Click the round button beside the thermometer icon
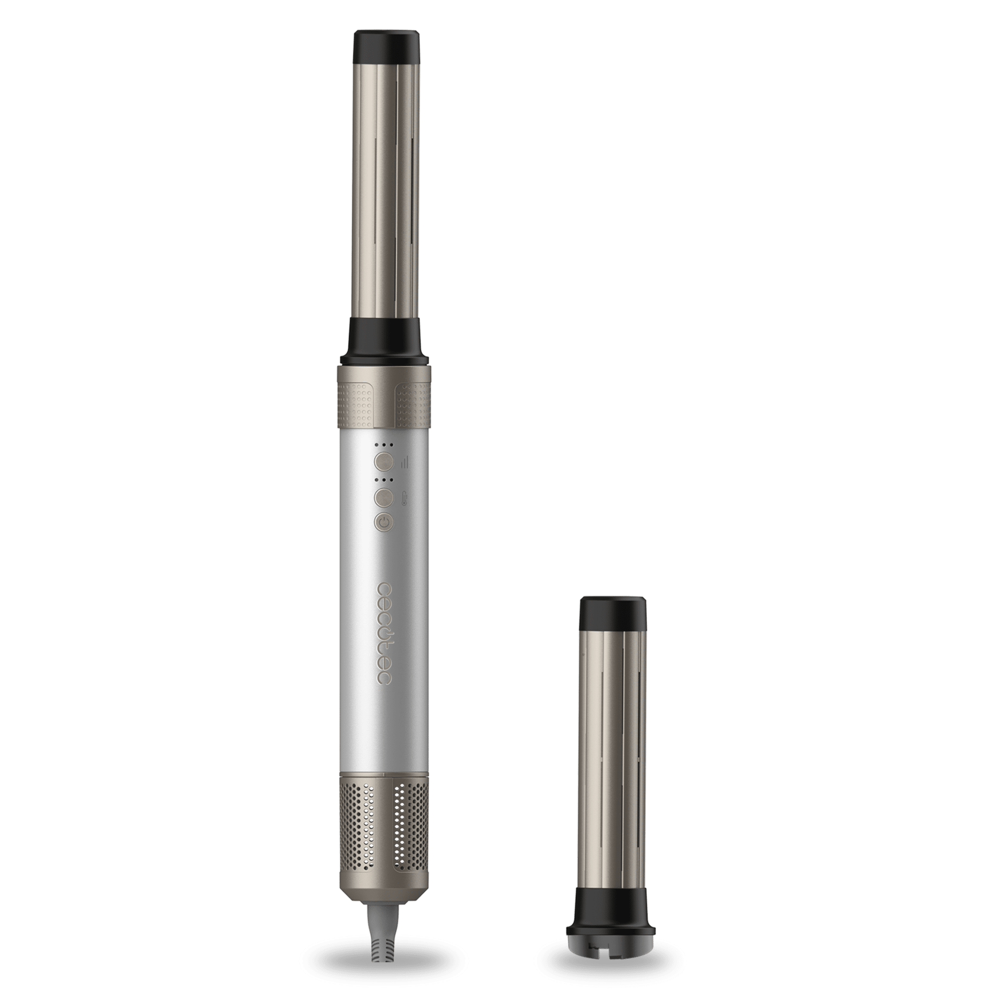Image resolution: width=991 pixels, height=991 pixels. pos(384,497)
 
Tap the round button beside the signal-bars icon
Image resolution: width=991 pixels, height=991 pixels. pos(384,461)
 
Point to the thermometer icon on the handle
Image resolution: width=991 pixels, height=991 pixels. pos(405,496)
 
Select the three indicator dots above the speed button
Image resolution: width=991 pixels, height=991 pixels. pos(384,444)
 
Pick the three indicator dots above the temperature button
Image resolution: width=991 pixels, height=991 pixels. pos(384,480)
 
